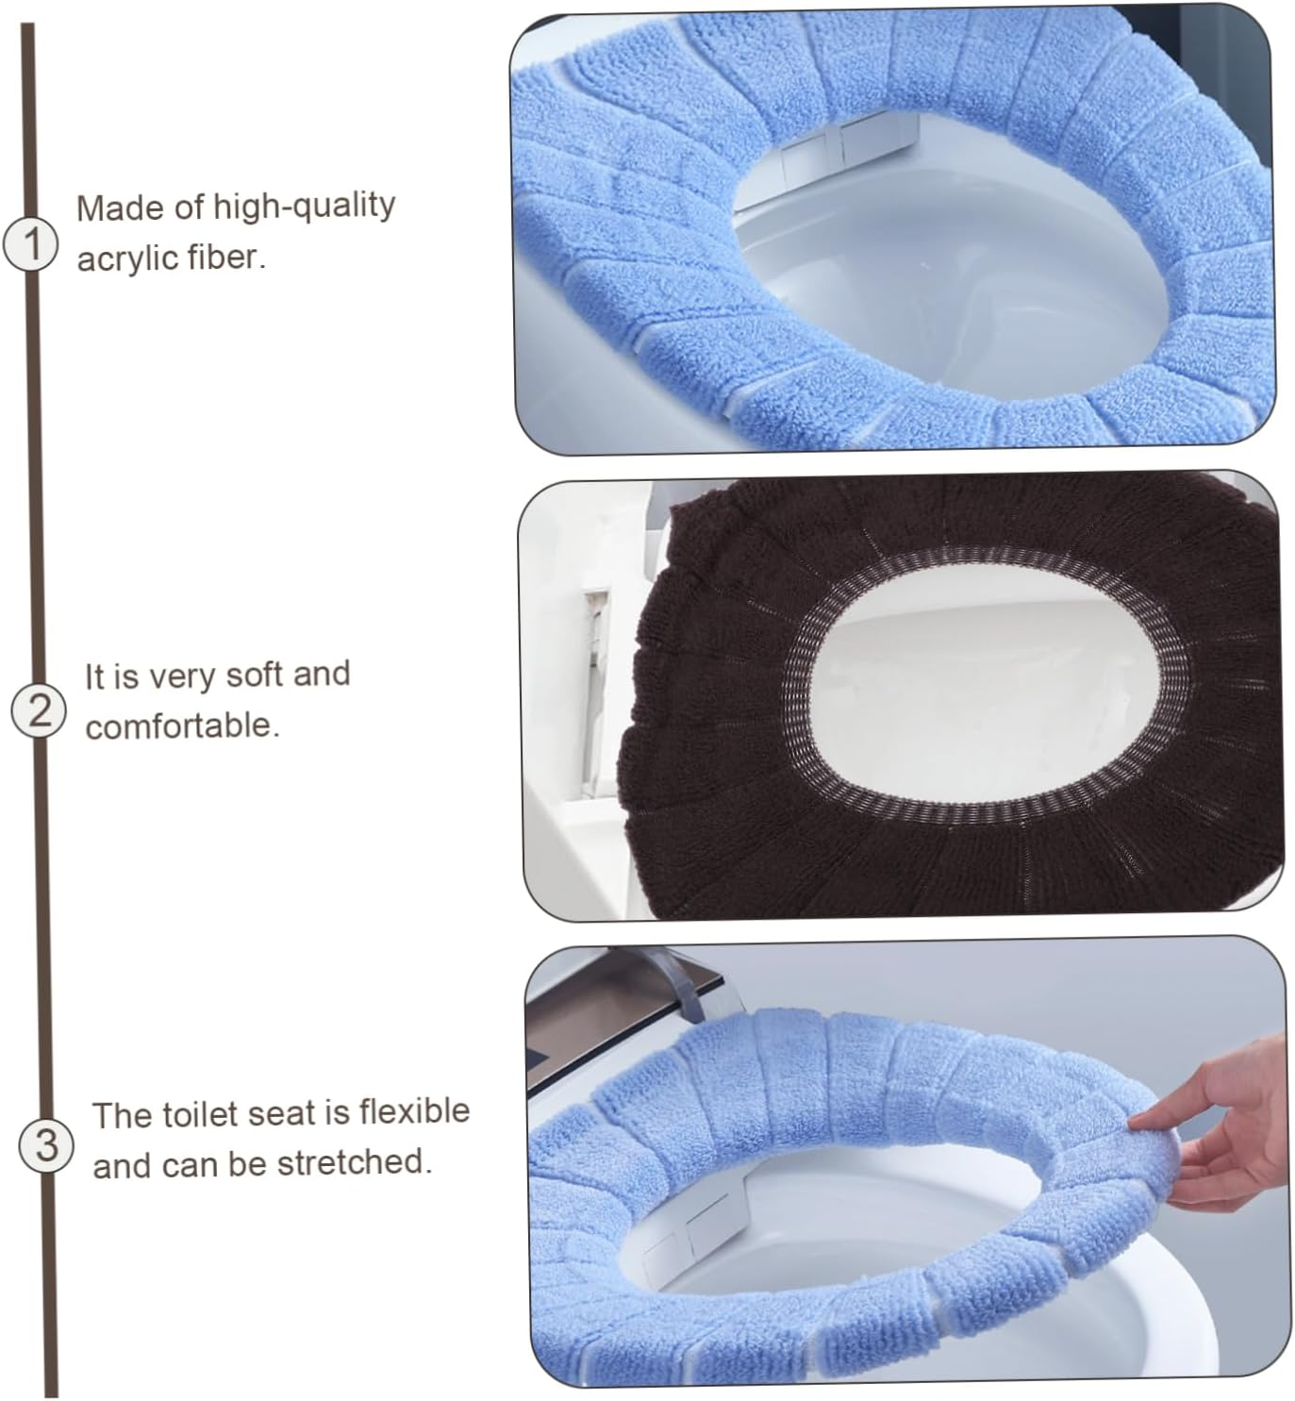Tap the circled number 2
pyautogui.click(x=39, y=709)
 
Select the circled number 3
pyautogui.click(x=45, y=1145)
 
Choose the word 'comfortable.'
pyautogui.click(x=182, y=726)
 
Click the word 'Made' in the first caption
pyautogui.click(x=108, y=208)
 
